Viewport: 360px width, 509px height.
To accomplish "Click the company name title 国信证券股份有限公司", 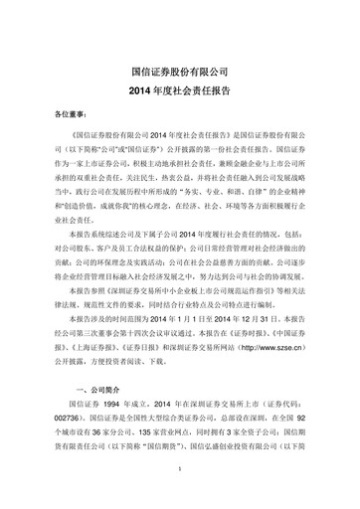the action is pyautogui.click(x=180, y=72).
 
